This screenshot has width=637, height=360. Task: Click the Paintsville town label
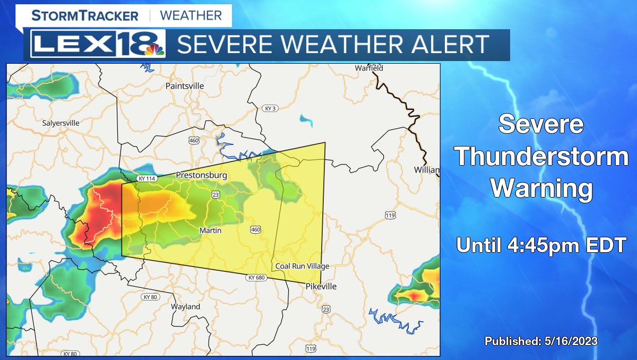point(185,85)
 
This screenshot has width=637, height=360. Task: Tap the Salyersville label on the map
point(61,123)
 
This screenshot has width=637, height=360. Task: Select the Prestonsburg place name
point(201,175)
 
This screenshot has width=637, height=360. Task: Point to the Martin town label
point(210,230)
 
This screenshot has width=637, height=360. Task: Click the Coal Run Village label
point(302,266)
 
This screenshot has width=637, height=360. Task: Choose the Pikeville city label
point(321,286)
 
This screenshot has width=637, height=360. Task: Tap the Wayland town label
point(185,306)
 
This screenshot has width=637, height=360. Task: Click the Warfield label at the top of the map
point(369,68)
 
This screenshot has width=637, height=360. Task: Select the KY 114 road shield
point(146,178)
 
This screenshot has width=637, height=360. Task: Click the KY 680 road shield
point(255,278)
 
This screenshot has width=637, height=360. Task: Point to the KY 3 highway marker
point(270,108)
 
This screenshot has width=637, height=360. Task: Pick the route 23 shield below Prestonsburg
point(215,195)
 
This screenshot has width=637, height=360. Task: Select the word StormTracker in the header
point(85,15)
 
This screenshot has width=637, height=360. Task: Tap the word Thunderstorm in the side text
point(541,157)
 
